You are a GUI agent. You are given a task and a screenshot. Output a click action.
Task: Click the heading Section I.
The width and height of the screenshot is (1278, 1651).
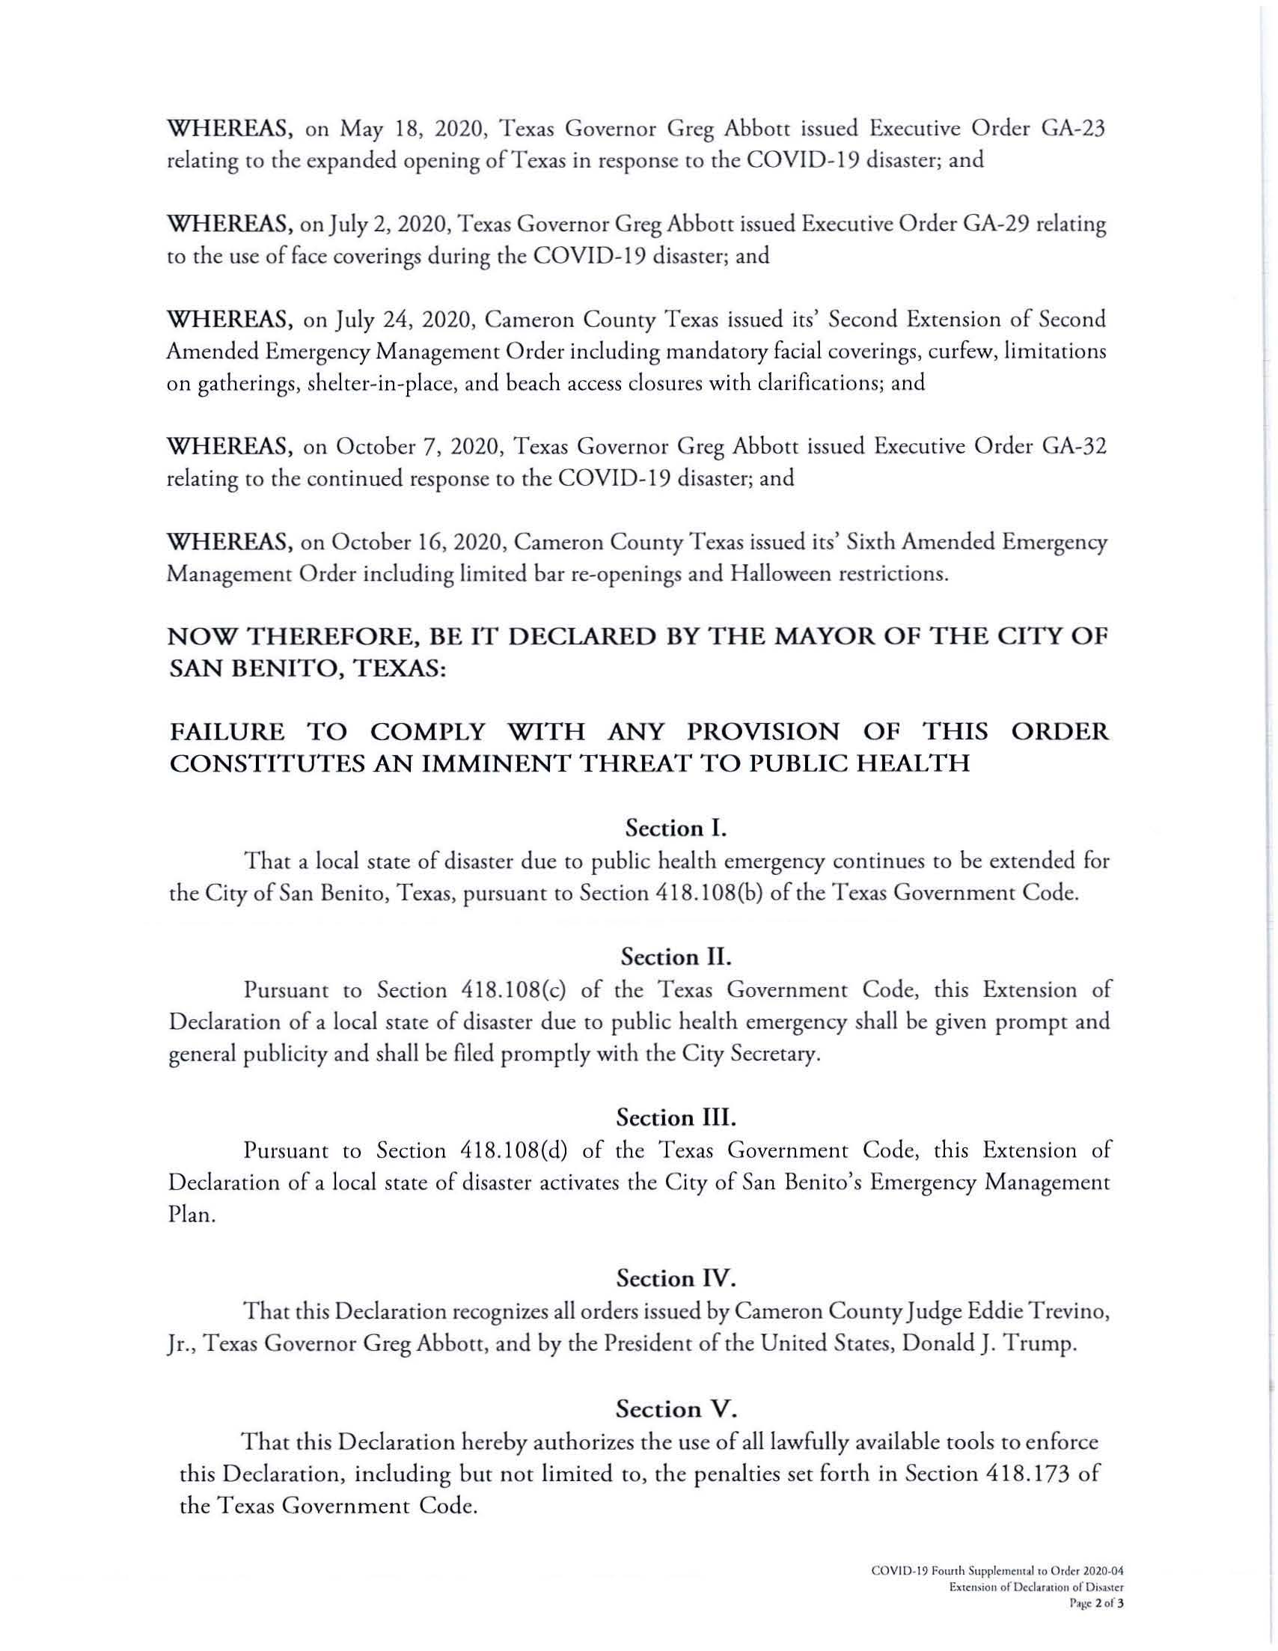(676, 828)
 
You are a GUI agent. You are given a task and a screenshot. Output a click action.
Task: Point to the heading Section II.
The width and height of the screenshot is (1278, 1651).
(676, 957)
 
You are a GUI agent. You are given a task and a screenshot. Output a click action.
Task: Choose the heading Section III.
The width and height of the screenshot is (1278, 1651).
(676, 1117)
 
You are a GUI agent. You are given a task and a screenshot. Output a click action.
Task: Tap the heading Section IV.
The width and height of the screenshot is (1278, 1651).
(676, 1278)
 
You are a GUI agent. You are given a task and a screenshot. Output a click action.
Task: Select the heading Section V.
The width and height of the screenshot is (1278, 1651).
(676, 1409)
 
